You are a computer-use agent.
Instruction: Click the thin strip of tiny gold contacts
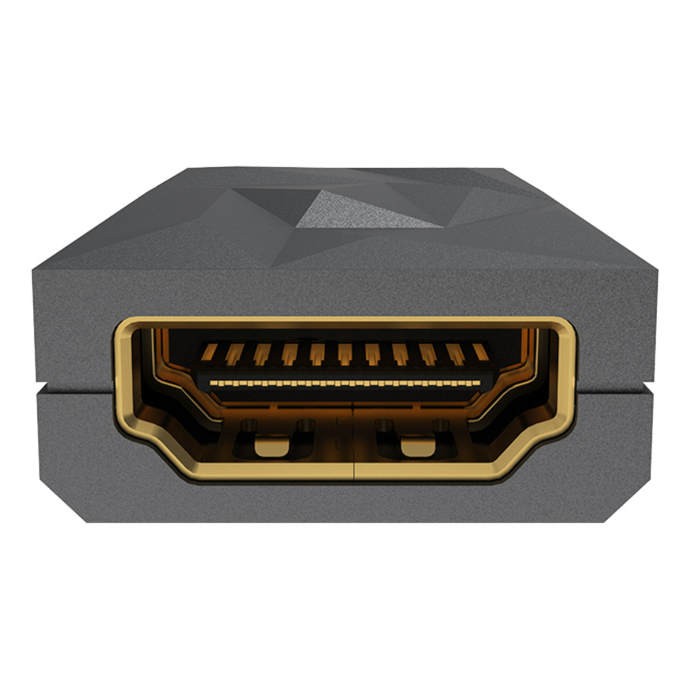coord(345,382)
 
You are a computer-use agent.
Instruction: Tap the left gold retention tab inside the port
coord(271,446)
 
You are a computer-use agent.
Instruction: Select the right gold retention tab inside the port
coord(418,446)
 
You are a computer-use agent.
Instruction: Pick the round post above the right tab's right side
coord(441,426)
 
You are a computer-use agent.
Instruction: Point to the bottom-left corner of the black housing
coord(87,521)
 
